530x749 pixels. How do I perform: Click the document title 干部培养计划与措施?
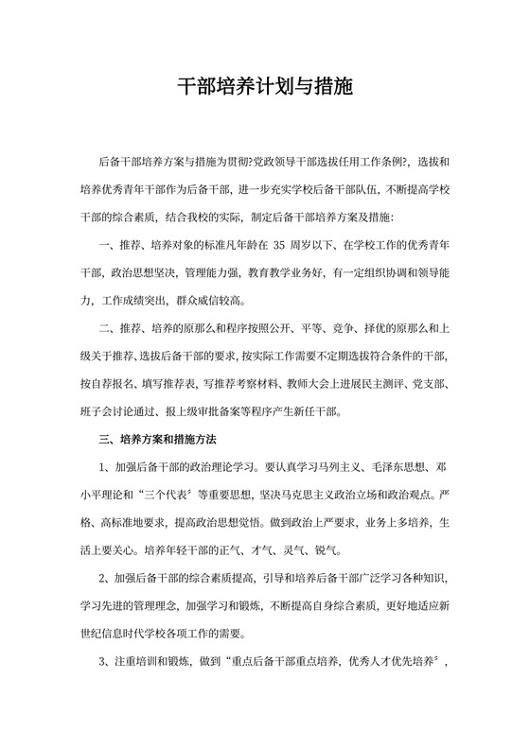click(x=265, y=88)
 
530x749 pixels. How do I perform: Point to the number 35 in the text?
click(x=278, y=248)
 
